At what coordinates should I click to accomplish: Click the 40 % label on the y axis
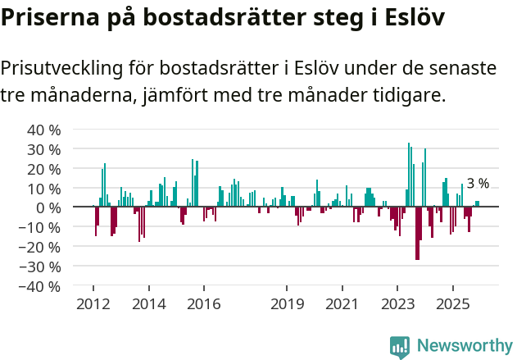44,130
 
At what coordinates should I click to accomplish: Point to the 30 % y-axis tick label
44,149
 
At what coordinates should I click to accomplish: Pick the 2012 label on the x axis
93,304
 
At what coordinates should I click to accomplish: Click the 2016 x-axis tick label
203,304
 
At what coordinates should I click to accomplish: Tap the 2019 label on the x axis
286,304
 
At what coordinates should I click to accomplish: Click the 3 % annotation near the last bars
478,184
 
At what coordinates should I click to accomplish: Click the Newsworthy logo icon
400,346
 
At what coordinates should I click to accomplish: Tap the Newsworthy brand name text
464,346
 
